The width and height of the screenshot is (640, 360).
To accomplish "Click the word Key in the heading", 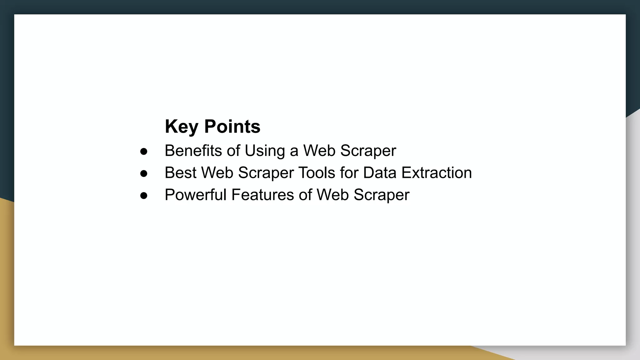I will click(x=182, y=127).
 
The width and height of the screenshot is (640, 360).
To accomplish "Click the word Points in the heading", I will click(x=232, y=127).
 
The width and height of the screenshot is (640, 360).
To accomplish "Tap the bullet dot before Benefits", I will click(x=144, y=152).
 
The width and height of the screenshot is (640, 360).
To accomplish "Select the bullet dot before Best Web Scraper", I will click(x=144, y=173).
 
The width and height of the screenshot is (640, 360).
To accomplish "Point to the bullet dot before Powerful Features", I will click(x=144, y=196).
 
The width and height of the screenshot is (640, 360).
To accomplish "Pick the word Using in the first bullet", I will click(x=265, y=151).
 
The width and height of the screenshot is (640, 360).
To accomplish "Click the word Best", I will click(x=180, y=172).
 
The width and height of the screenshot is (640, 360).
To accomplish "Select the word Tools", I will click(x=317, y=172).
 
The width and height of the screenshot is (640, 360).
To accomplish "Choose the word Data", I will click(x=380, y=172).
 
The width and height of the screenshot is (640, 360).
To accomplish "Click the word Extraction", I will click(x=437, y=172).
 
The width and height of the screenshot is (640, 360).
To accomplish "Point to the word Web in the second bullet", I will click(x=217, y=172).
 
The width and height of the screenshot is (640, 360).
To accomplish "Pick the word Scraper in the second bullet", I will click(x=266, y=172).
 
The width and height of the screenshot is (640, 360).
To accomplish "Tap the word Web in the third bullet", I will click(x=332, y=195).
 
